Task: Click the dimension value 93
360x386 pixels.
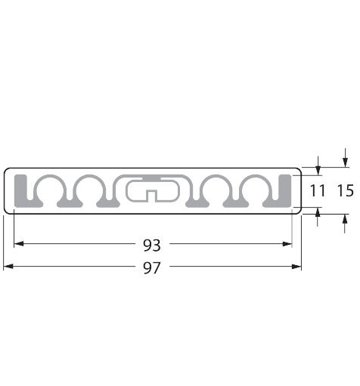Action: click(x=152, y=244)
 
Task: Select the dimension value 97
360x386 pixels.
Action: click(x=152, y=267)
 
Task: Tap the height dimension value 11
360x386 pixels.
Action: click(x=318, y=191)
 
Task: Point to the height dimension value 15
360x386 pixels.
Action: click(x=345, y=191)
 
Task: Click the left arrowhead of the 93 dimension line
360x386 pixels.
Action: click(x=19, y=244)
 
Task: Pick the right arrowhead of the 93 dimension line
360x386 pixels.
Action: click(x=287, y=244)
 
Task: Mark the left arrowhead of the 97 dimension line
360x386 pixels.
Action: click(x=8, y=267)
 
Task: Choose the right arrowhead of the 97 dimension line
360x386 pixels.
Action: click(x=296, y=267)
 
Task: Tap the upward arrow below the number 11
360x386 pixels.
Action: click(x=318, y=215)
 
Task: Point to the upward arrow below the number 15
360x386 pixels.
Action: click(x=346, y=221)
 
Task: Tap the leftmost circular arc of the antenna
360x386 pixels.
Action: click(x=54, y=188)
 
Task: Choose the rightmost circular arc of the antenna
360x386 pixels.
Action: click(x=253, y=188)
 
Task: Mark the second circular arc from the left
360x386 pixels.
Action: click(x=92, y=188)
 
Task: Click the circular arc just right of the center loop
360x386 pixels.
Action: click(x=216, y=188)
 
